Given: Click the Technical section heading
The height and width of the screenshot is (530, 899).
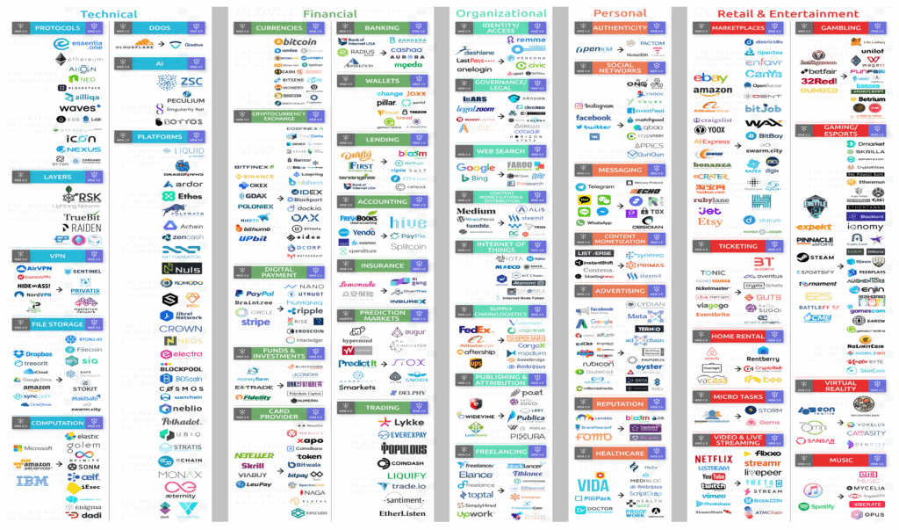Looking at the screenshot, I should (x=109, y=14).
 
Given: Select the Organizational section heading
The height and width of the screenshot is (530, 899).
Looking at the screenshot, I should (x=501, y=13).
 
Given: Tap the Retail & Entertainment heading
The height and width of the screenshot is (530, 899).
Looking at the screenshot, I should (x=788, y=14).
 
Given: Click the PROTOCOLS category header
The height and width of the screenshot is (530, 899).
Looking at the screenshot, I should (x=58, y=28).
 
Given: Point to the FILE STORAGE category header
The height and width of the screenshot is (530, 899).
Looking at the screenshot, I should (x=58, y=324).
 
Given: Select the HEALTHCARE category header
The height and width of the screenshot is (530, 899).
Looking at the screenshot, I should (x=619, y=454).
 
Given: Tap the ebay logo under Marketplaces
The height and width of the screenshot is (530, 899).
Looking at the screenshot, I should (x=710, y=78).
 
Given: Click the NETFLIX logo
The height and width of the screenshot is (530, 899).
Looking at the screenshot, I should (x=713, y=458).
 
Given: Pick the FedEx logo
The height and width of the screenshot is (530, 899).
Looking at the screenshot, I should (x=476, y=330).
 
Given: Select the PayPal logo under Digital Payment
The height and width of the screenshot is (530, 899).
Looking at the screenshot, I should (x=254, y=294).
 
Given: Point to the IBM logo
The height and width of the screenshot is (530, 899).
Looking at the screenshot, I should (x=32, y=481).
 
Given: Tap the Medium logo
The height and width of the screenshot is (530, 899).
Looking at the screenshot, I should (x=476, y=211).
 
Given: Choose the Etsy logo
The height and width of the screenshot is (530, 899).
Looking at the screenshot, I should (x=709, y=222).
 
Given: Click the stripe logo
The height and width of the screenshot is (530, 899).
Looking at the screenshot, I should (x=255, y=323).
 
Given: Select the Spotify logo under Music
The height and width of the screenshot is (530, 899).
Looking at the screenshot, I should (x=817, y=506).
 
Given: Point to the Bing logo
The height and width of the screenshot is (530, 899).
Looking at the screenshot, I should (x=480, y=178).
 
